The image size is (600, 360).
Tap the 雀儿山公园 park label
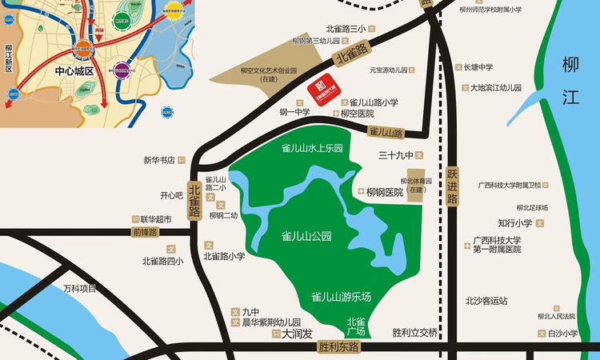pos(306,236)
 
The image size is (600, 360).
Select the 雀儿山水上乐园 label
pos(312,148)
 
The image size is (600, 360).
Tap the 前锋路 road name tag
pos(145,232)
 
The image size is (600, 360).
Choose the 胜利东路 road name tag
pos(339,347)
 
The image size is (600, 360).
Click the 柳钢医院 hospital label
pos(384,193)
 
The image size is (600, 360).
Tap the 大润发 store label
pos(297,334)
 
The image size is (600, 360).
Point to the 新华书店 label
pos(159,160)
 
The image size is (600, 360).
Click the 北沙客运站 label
pos(486,301)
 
